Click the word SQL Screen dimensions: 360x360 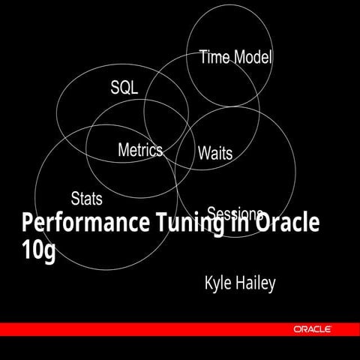click(124, 88)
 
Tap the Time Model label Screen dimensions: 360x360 click(235, 57)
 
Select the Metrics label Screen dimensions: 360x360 click(140, 150)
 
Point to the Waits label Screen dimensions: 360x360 click(215, 154)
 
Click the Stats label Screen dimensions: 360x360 click(86, 199)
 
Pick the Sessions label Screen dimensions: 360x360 click(235, 213)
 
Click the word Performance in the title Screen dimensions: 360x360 click(82, 224)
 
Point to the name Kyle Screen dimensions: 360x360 click(218, 284)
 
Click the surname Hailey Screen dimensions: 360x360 click(256, 283)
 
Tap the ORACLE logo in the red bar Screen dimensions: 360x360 click(314, 329)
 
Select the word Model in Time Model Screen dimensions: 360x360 click(253, 57)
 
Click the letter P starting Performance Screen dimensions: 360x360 click(28, 223)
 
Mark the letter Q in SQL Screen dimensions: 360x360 click(124, 88)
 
